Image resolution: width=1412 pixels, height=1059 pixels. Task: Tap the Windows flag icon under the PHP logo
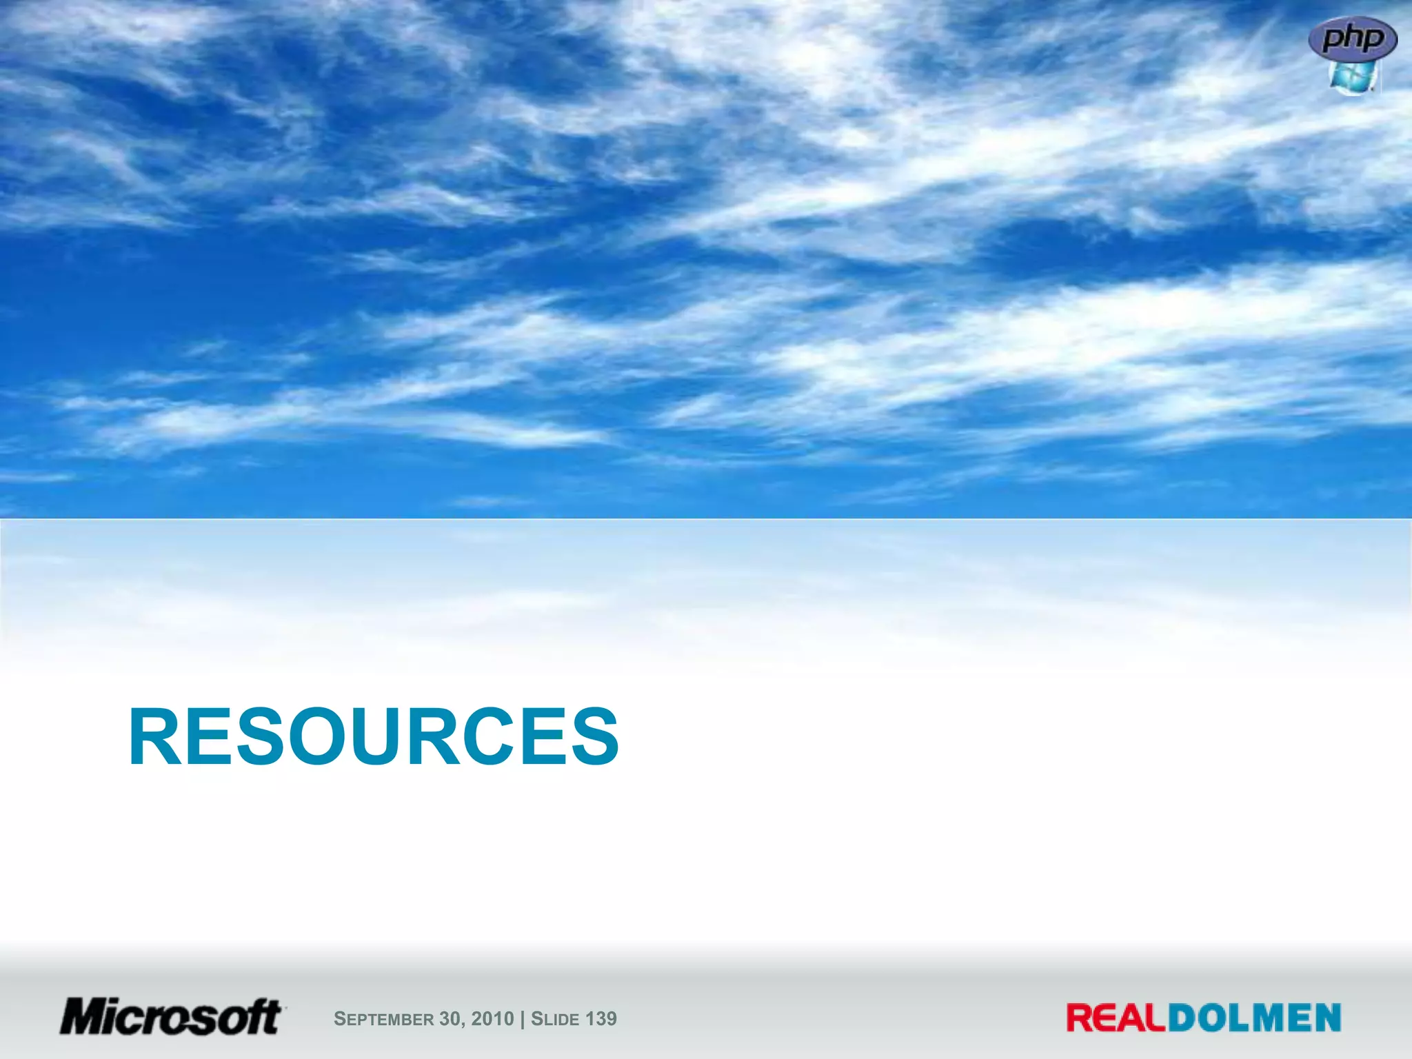1352,77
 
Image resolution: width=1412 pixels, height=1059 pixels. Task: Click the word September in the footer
383,1019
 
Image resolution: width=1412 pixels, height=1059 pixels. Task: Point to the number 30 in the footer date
449,1018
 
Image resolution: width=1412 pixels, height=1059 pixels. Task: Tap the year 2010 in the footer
492,1018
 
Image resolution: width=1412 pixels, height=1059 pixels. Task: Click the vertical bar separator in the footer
523,1019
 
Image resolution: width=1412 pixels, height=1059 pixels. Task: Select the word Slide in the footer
555,1019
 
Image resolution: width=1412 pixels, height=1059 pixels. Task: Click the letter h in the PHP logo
1353,37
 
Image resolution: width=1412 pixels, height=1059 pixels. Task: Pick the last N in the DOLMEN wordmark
1325,1018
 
